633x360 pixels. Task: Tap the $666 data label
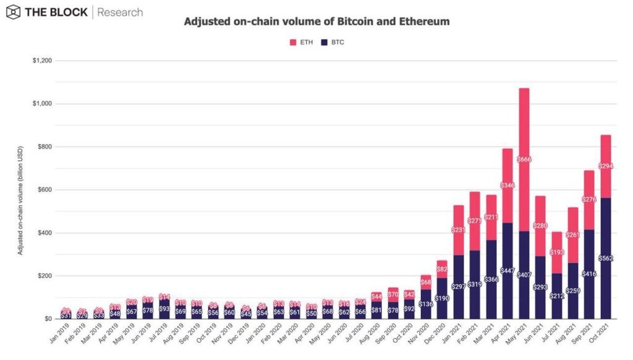click(524, 160)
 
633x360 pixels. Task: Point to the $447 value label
click(508, 271)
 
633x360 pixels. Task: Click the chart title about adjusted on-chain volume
click(316, 22)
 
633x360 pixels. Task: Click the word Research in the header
click(121, 12)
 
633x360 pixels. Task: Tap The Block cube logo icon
click(13, 12)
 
